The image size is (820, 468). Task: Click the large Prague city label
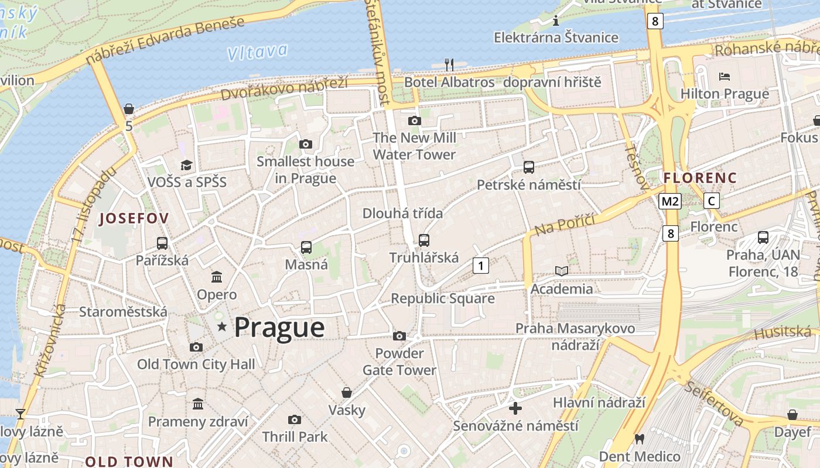pyautogui.click(x=279, y=327)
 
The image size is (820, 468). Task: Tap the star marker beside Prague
pyautogui.click(x=221, y=326)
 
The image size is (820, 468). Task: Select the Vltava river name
pyautogui.click(x=258, y=52)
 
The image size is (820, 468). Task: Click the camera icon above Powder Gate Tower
pyautogui.click(x=399, y=336)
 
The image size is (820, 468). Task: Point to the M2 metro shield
pyautogui.click(x=670, y=201)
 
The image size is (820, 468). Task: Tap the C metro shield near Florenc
pyautogui.click(x=712, y=201)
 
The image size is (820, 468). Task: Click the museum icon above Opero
pyautogui.click(x=217, y=277)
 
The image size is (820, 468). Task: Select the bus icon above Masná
pyautogui.click(x=306, y=247)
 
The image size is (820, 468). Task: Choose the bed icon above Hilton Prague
pyautogui.click(x=725, y=77)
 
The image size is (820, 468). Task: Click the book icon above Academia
pyautogui.click(x=562, y=271)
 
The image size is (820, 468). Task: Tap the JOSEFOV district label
pyautogui.click(x=134, y=218)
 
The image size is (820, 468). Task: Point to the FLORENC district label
pyautogui.click(x=700, y=177)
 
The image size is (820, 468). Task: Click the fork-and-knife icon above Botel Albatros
pyautogui.click(x=449, y=64)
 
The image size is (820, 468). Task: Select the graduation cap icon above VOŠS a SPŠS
pyautogui.click(x=186, y=165)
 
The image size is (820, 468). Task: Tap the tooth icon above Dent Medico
pyautogui.click(x=640, y=439)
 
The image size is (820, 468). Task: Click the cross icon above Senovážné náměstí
pyautogui.click(x=515, y=408)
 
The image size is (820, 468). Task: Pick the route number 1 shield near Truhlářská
pyautogui.click(x=481, y=266)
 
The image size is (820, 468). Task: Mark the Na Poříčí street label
pyautogui.click(x=565, y=225)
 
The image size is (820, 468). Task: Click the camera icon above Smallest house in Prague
pyautogui.click(x=305, y=144)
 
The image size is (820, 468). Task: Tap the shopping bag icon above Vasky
pyautogui.click(x=347, y=392)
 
